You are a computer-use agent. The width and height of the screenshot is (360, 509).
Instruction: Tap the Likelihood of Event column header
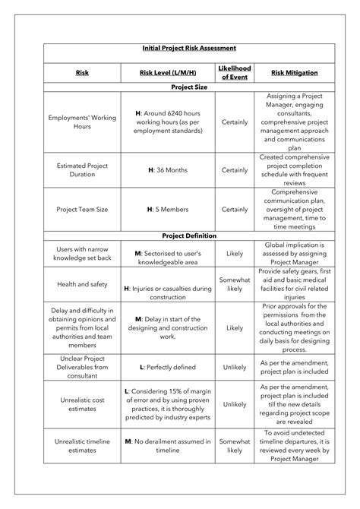235,73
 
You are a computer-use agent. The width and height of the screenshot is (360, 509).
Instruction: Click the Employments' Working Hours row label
83,123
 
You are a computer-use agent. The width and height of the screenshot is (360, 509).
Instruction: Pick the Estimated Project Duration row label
83,169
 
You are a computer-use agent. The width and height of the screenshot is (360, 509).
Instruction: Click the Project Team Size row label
83,209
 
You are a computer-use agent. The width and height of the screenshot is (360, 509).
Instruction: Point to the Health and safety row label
83,284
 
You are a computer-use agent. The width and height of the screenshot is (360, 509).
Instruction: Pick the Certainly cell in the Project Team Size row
235,209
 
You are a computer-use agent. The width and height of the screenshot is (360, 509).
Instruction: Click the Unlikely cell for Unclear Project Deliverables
235,366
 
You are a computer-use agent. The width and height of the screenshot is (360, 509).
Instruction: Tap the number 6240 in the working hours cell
179,113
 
